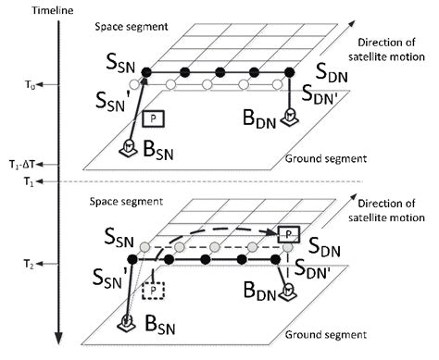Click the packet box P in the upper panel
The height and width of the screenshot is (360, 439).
tap(153, 118)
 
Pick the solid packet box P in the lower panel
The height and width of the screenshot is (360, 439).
tap(289, 232)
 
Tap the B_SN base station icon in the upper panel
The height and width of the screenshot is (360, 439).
tap(129, 148)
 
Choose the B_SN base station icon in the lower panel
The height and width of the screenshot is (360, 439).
tap(129, 321)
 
